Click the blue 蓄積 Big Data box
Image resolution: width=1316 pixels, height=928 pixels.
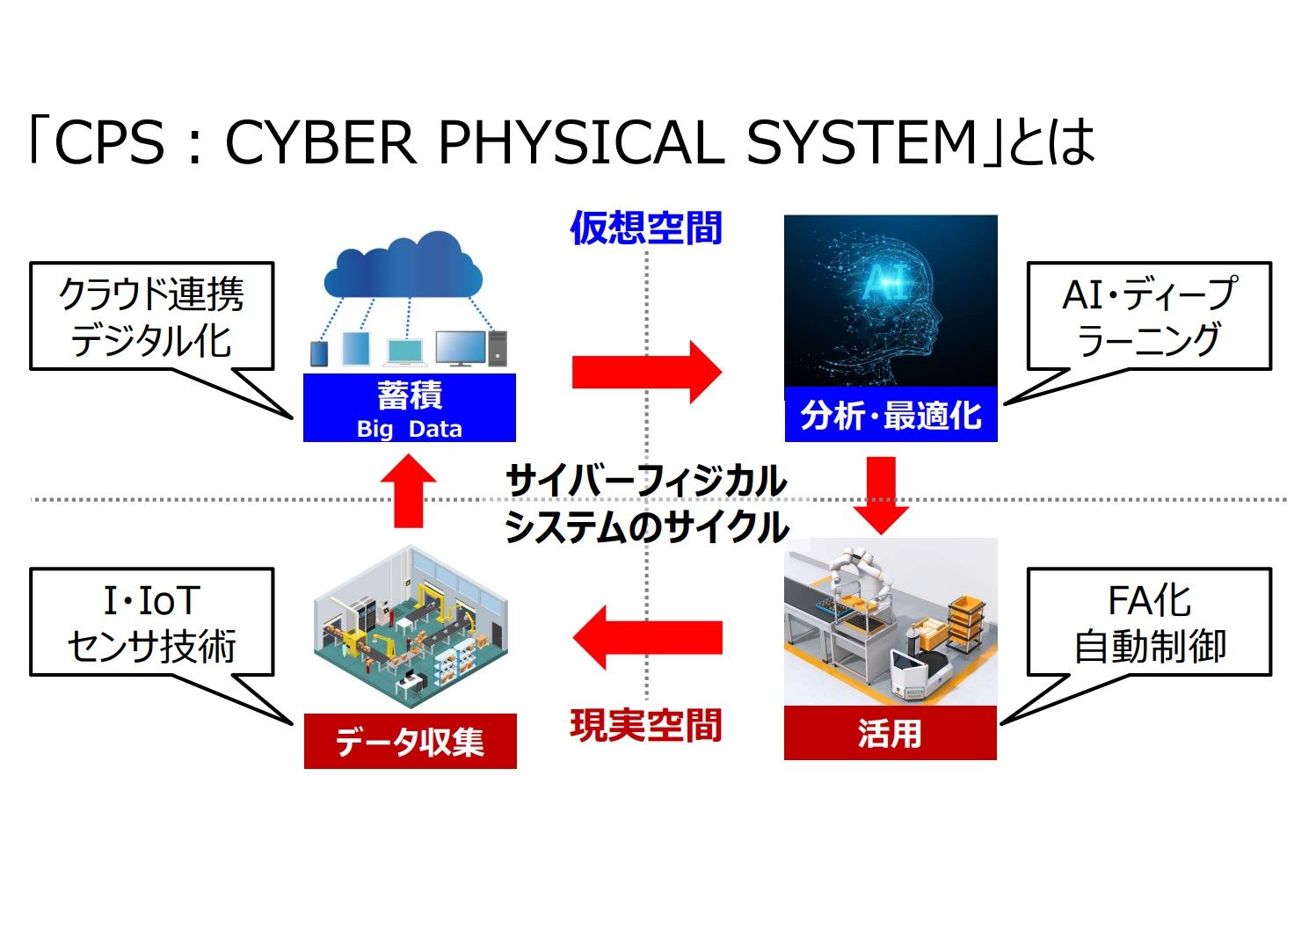tap(409, 408)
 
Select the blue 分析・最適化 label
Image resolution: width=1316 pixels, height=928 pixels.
tap(891, 414)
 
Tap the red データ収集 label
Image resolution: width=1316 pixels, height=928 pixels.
tap(410, 742)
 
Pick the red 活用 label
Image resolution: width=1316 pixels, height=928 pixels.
tap(890, 733)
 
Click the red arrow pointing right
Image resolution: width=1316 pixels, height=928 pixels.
tap(646, 372)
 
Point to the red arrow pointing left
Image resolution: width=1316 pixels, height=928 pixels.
tap(646, 637)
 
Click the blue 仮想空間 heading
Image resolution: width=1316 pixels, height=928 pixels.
tap(646, 228)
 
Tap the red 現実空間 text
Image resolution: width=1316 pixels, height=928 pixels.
tap(646, 726)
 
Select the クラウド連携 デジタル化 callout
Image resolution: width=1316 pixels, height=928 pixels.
tap(151, 316)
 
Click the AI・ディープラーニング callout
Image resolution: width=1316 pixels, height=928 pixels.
tap(1149, 316)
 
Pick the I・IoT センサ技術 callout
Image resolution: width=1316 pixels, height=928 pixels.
tap(151, 622)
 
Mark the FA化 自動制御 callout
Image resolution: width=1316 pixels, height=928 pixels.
tap(1149, 622)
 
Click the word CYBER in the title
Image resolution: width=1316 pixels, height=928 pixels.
tap(321, 142)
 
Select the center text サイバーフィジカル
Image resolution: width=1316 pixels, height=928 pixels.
tap(646, 481)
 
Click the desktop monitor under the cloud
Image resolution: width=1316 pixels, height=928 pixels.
tap(461, 347)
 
